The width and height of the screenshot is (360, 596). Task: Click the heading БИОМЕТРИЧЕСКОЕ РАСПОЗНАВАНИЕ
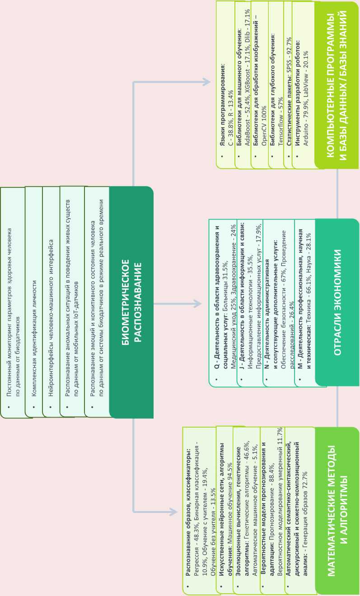pyautogui.click(x=131, y=301)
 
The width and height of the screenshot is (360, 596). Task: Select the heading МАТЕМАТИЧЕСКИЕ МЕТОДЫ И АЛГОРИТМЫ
pyautogui.click(x=337, y=510)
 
